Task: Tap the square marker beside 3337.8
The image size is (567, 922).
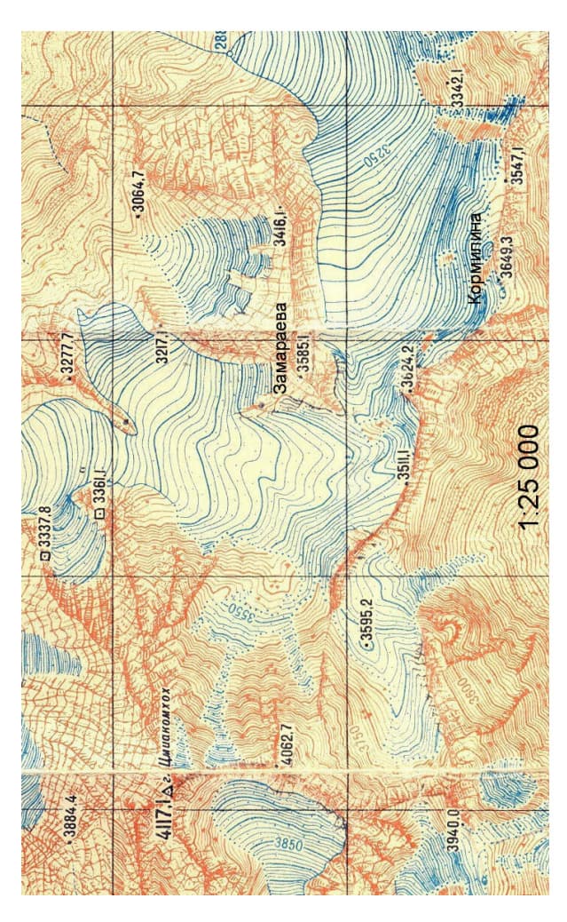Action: [x=42, y=556]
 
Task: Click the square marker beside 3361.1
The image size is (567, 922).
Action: [x=98, y=513]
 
